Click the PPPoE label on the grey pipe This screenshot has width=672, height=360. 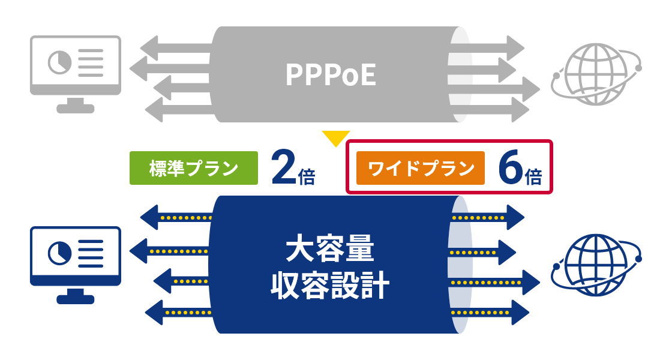point(330,75)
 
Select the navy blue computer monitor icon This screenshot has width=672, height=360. point(76,264)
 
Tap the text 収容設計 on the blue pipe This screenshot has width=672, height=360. point(330,286)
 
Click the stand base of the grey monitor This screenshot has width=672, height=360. point(76,109)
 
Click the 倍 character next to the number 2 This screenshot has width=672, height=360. point(306,176)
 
